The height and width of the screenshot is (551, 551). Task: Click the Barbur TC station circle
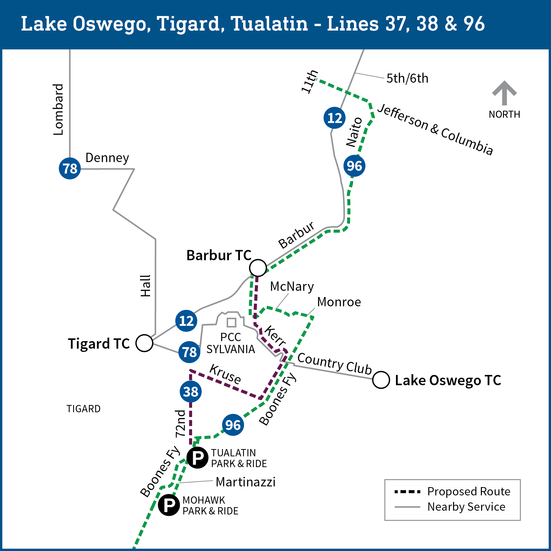[x=258, y=268]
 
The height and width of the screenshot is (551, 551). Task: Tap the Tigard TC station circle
[x=144, y=343]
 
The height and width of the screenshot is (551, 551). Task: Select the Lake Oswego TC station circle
[x=381, y=380]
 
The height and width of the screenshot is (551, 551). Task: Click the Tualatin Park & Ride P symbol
[x=197, y=458]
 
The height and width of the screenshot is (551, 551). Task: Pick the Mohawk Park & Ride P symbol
[x=169, y=505]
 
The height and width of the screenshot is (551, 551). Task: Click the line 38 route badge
[x=191, y=391]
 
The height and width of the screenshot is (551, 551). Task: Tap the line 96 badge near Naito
[x=354, y=166]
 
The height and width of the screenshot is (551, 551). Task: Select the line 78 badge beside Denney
[x=70, y=168]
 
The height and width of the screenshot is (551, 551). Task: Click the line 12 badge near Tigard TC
[x=186, y=321]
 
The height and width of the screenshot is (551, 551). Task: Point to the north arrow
[x=504, y=93]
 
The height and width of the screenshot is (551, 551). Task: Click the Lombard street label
[x=58, y=109]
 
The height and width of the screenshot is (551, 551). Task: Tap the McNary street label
[x=292, y=287]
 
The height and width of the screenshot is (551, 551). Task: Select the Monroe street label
[x=339, y=302]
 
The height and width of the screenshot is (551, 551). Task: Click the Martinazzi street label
[x=245, y=482]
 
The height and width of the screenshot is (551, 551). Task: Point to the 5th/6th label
[x=407, y=78]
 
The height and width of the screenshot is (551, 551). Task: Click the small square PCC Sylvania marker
[x=231, y=323]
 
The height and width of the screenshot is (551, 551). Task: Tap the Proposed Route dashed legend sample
[x=407, y=492]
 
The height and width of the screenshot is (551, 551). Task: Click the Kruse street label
[x=225, y=374]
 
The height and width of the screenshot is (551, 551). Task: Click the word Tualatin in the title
[x=269, y=24]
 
